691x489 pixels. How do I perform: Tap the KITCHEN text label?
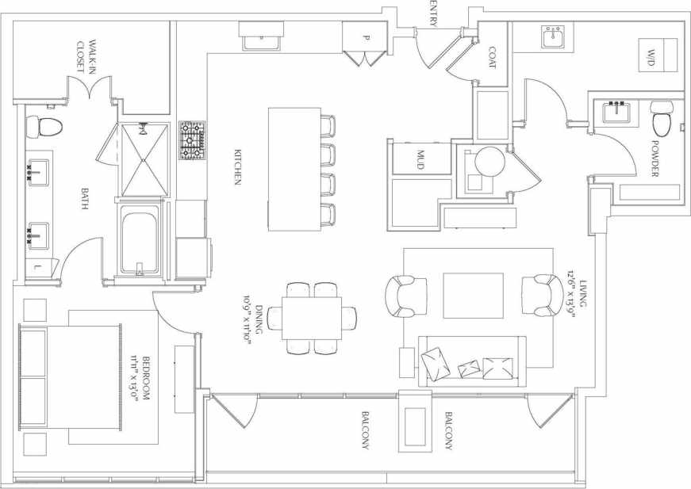coord(236,167)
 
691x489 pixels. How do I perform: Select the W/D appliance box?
coord(658,55)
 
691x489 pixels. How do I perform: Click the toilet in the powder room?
coord(661,119)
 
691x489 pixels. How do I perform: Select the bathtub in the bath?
coord(142,241)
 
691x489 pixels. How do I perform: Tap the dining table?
coord(313,318)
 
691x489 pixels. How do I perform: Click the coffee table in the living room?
coord(473,295)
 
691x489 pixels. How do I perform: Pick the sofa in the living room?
coord(472,361)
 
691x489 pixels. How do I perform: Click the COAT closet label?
coord(492,55)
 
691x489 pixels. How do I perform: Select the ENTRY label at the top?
coord(433,14)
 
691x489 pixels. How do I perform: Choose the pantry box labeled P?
coord(366,37)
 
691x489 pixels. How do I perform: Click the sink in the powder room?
coord(616,112)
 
